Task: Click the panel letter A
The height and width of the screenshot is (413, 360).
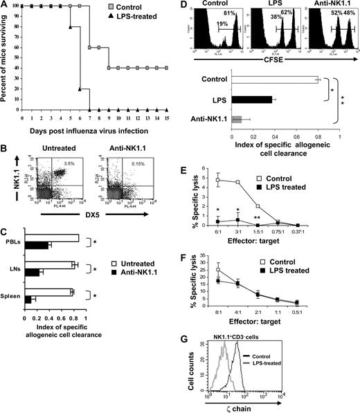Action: [5, 5]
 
